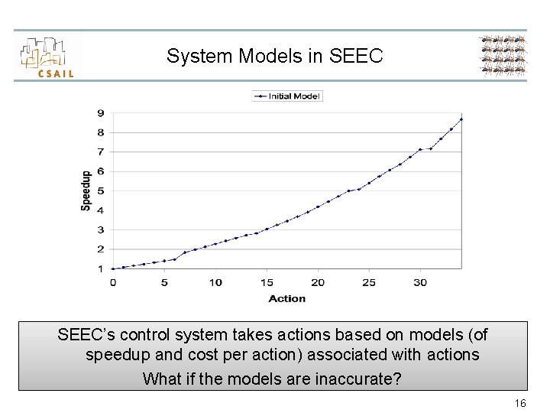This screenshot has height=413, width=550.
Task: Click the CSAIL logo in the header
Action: coord(47,57)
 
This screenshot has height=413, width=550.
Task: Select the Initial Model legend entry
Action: coord(288,96)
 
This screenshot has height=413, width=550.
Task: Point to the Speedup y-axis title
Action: coord(86,190)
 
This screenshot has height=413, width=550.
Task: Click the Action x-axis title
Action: coord(286,299)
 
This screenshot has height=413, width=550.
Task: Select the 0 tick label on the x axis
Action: coord(113,282)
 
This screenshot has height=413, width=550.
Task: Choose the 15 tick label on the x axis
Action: coord(267,282)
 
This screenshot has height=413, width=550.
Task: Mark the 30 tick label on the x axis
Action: coord(420,282)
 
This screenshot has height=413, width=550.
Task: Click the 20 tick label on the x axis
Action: coord(318,282)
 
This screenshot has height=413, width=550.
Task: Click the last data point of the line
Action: coord(461,119)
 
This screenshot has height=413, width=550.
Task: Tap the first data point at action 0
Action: coord(113,268)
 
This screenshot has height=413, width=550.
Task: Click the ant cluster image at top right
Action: coord(503,56)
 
